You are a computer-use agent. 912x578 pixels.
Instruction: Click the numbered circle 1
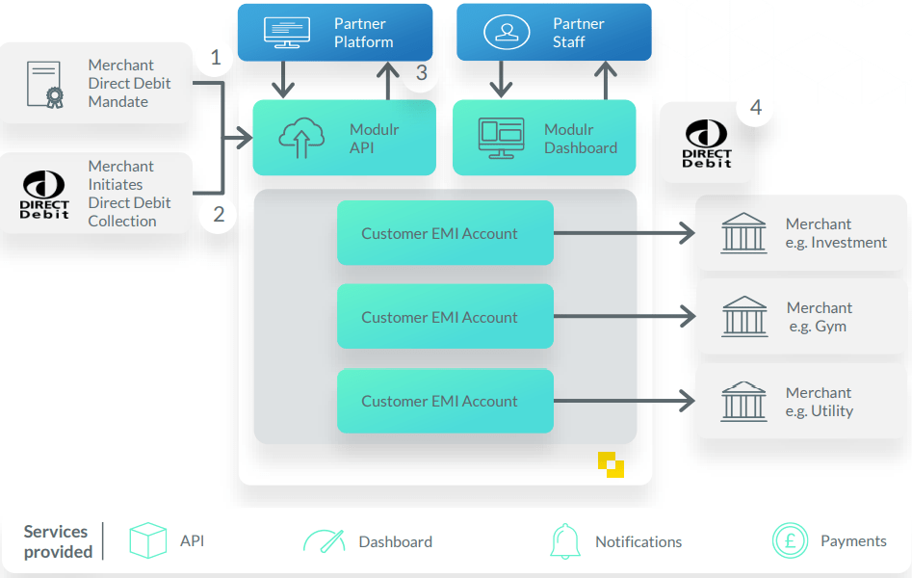(216, 58)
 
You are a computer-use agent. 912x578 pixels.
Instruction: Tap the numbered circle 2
(219, 214)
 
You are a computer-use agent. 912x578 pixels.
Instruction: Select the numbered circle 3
(421, 73)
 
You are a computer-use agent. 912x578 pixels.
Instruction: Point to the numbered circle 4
(756, 108)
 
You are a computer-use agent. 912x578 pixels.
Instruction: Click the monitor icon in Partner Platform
(286, 32)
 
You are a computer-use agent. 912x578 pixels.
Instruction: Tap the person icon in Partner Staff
(506, 32)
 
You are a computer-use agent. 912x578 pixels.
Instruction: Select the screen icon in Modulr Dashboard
(501, 139)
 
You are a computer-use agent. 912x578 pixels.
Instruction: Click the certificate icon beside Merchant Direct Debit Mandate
(44, 84)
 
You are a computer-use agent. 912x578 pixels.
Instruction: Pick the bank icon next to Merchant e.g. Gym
(744, 317)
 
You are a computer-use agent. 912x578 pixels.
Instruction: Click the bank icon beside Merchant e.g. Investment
(744, 233)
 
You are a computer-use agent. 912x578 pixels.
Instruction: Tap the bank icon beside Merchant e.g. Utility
(744, 401)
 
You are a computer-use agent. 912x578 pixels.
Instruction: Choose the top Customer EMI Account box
(445, 233)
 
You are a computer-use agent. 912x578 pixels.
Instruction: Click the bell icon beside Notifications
(565, 541)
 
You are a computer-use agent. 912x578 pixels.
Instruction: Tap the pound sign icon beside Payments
(790, 541)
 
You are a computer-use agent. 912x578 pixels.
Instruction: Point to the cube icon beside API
(148, 541)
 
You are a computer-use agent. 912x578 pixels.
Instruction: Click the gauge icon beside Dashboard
(324, 541)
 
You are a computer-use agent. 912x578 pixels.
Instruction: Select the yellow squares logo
(611, 463)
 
